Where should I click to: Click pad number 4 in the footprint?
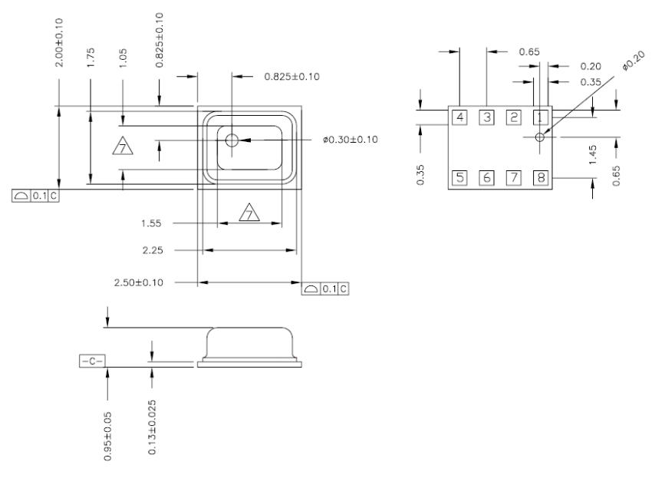(x=459, y=117)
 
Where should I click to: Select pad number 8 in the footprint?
(x=541, y=178)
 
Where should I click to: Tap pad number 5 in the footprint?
(x=459, y=178)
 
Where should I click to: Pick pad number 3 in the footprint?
(x=486, y=117)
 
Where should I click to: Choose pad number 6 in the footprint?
(x=486, y=178)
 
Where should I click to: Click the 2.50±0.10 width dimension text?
(x=139, y=282)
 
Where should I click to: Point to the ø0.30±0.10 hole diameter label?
(x=350, y=140)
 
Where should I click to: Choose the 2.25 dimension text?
(x=152, y=250)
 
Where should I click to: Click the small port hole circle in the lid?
(x=232, y=140)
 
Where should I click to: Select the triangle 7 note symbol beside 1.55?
(x=250, y=213)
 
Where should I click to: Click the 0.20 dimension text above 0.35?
(x=589, y=67)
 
